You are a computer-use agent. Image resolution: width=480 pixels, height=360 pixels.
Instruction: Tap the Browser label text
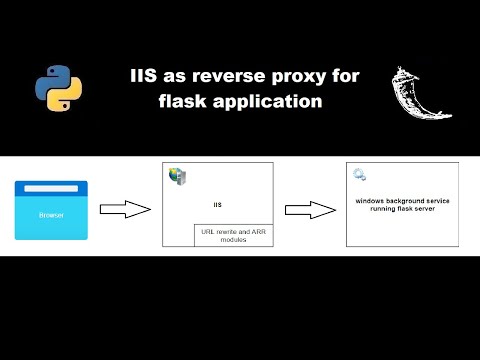(51, 215)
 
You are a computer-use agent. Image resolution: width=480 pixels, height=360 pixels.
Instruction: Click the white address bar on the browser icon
(51, 188)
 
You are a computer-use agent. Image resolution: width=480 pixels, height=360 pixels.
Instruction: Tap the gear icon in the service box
(360, 176)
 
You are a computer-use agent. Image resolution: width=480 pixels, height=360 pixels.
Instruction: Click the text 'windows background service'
(403, 200)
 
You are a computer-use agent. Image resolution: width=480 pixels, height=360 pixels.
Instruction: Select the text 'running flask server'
(403, 208)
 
